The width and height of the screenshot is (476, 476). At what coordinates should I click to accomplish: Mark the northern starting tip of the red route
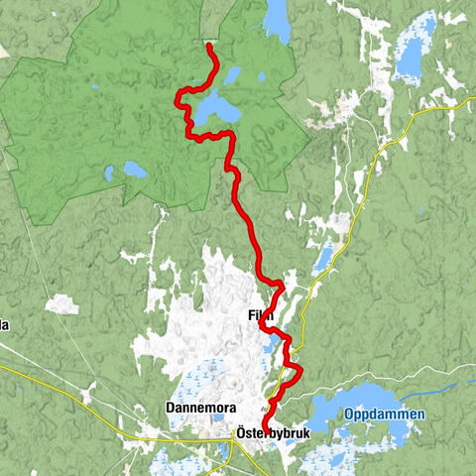(207, 45)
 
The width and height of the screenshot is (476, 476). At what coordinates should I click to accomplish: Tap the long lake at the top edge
(277, 19)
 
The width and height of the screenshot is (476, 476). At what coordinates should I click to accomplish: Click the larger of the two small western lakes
(135, 170)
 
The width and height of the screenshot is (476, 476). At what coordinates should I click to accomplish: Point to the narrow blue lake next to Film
(274, 344)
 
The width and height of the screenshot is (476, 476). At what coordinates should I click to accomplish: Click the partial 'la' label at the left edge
(5, 325)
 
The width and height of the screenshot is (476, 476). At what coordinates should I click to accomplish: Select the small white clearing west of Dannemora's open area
(62, 303)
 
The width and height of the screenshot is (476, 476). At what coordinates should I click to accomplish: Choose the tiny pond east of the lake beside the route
(262, 77)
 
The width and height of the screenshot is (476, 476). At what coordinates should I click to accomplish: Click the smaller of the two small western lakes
(108, 174)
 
